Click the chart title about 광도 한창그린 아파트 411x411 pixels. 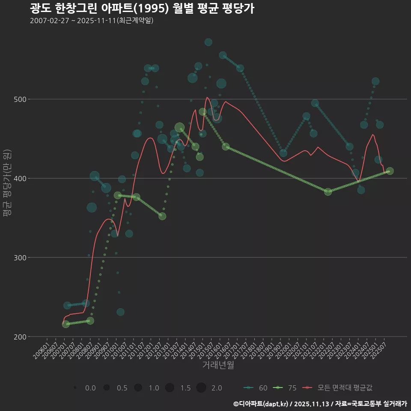point(142,9)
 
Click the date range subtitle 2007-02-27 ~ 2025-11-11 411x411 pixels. point(92,21)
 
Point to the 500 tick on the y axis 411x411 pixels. point(21,99)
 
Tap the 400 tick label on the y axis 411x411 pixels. point(21,179)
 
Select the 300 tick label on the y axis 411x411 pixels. point(21,258)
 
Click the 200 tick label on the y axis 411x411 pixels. point(21,337)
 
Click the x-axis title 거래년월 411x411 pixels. point(218,365)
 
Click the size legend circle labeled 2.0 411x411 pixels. point(201,387)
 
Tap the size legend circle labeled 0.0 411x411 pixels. point(75,387)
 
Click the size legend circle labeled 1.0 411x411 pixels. point(138,387)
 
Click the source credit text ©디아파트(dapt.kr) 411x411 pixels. point(261,403)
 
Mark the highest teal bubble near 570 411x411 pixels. point(208,42)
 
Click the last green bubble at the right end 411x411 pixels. point(390,171)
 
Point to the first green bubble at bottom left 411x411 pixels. point(66,324)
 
